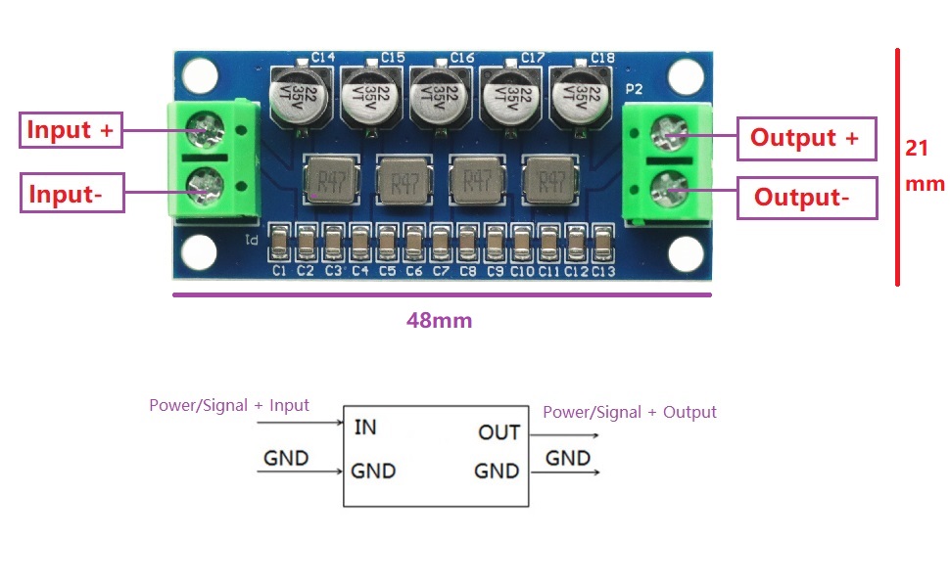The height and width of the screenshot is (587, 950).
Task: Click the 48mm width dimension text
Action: tap(440, 320)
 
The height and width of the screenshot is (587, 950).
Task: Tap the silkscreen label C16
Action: tap(461, 58)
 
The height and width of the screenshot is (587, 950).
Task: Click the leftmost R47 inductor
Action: tap(331, 180)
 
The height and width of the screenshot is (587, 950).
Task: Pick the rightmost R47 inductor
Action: tap(550, 180)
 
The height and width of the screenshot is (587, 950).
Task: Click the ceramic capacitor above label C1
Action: tap(279, 244)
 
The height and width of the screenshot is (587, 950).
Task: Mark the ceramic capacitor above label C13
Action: tap(603, 244)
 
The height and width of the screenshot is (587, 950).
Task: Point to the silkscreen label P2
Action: tap(634, 90)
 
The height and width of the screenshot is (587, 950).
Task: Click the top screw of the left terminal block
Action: tap(206, 130)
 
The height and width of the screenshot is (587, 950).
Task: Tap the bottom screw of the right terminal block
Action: tap(669, 189)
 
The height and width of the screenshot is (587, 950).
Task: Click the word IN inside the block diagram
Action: tap(365, 428)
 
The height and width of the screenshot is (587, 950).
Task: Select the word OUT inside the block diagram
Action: tap(499, 432)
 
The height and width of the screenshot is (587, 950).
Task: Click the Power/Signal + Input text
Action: tap(229, 405)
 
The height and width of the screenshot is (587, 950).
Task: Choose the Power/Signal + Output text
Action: tap(630, 413)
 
